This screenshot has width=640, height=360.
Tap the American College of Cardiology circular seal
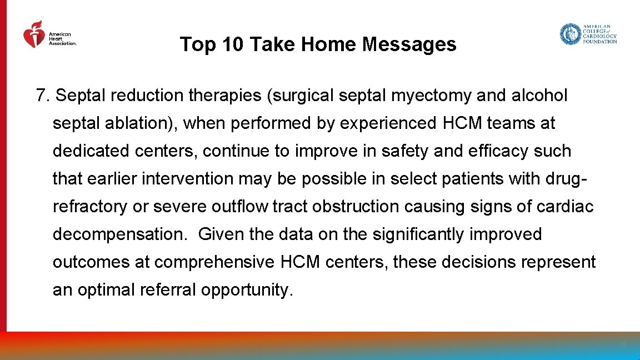pyautogui.click(x=569, y=34)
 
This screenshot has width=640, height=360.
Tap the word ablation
pyautogui.click(x=144, y=123)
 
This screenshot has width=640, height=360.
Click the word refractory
pyautogui.click(x=90, y=207)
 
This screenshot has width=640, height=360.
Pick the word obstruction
pyautogui.click(x=356, y=207)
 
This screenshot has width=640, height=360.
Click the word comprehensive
pyautogui.click(x=213, y=262)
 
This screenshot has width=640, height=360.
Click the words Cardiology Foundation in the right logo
pyautogui.click(x=599, y=39)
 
